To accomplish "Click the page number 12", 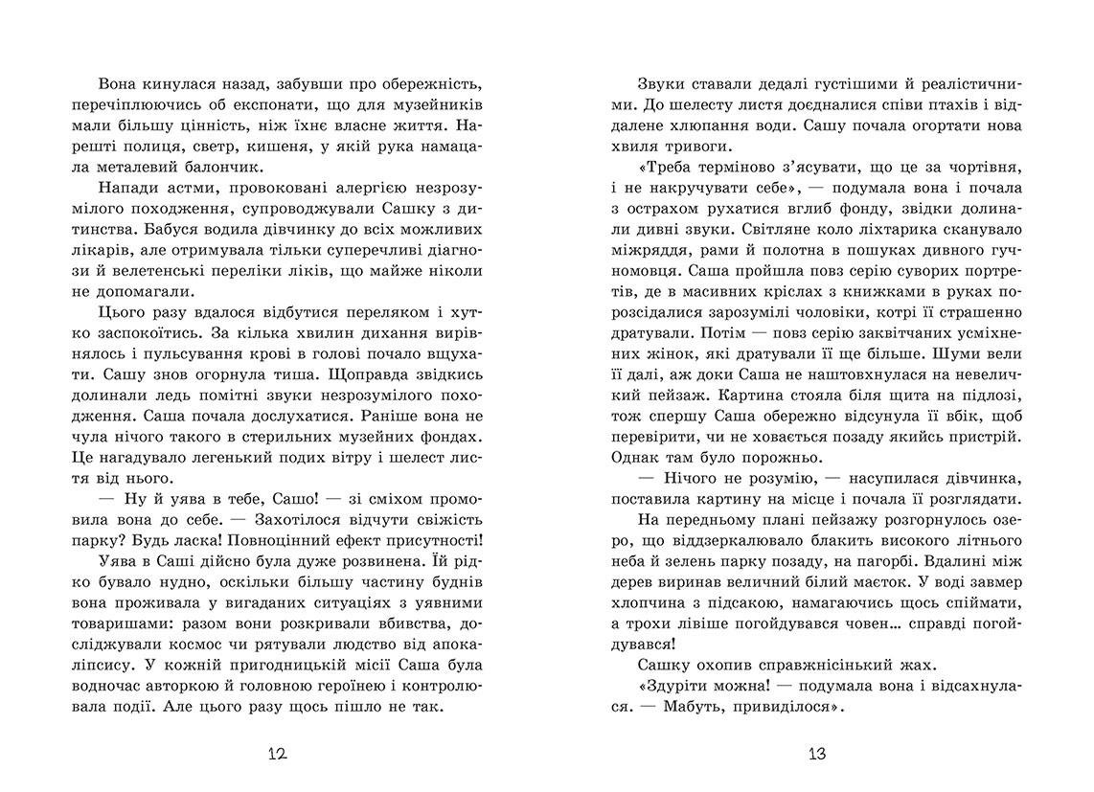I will point(276,753).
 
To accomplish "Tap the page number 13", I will point(815,753).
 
